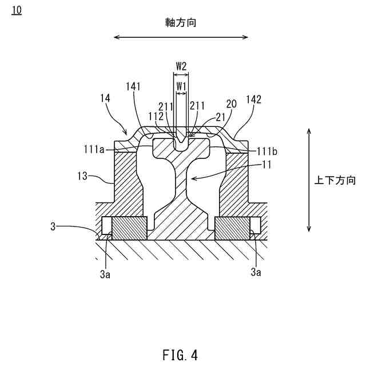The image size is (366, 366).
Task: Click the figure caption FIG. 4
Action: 180,355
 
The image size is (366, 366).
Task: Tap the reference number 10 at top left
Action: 16,11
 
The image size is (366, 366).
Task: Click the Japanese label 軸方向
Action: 180,22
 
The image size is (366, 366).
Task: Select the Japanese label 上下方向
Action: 335,181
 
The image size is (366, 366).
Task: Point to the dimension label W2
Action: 181,66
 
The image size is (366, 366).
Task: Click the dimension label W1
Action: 181,86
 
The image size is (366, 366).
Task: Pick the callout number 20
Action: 231,105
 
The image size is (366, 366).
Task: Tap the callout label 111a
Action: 94,150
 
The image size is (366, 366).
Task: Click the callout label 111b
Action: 267,151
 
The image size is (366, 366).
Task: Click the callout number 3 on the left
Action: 53,226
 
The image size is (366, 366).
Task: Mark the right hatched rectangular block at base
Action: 232,229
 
